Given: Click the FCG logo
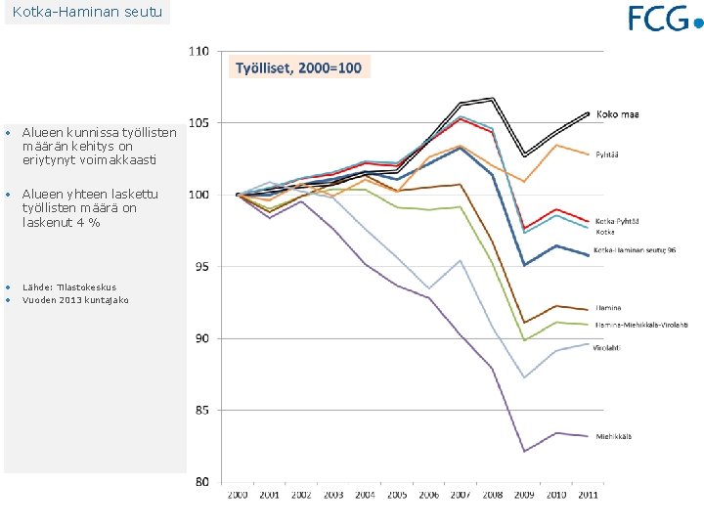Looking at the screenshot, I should [665, 19].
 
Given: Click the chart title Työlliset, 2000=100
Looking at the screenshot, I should [298, 67].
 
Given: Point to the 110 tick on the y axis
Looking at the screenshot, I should [198, 51].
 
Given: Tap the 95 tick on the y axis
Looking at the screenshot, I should [201, 266].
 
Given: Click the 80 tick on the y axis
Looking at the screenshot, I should [201, 481].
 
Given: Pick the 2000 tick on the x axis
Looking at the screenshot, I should [238, 496].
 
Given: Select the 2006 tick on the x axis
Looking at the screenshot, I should [428, 496].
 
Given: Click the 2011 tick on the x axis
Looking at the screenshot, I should [587, 496].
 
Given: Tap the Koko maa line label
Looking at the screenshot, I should [617, 114].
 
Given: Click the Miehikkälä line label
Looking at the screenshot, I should [614, 436].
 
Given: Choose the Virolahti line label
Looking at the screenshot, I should [612, 348].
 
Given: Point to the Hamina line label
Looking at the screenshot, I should [608, 308].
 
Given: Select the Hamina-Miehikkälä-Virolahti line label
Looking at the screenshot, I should [641, 324].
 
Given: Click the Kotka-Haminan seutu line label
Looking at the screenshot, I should [637, 250].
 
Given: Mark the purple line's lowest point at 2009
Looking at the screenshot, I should [524, 451].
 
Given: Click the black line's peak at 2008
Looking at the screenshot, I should [492, 99].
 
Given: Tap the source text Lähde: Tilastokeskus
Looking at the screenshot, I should [69, 287].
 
